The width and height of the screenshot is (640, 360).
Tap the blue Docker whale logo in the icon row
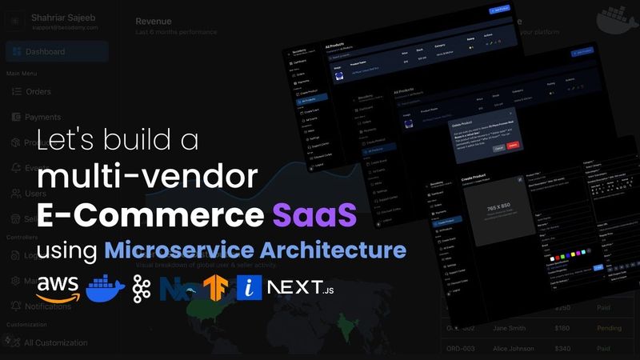106,287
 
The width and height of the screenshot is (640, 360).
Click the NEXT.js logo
301,287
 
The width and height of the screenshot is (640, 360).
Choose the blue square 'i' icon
249,287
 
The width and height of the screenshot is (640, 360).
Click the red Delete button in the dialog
513,146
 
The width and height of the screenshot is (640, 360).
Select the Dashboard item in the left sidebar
45,52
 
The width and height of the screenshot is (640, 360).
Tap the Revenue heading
154,21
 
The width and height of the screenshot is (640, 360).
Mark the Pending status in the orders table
609,328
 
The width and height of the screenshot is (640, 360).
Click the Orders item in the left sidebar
38,91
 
